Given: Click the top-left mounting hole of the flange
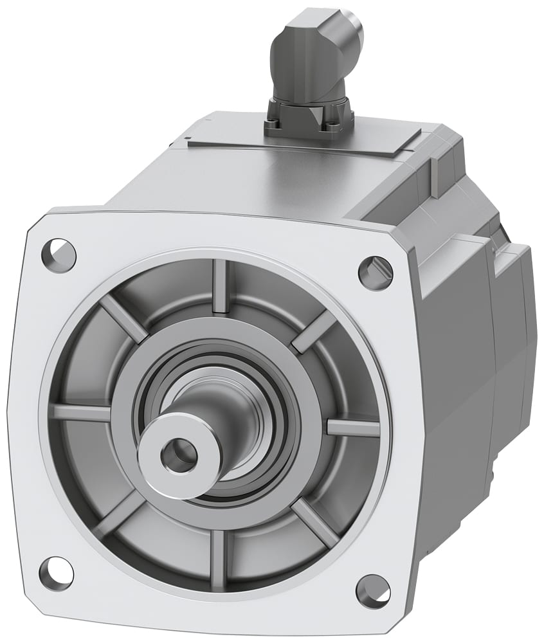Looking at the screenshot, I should [59, 255].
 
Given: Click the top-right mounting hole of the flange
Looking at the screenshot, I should [376, 273].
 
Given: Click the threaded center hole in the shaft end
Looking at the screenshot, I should [179, 455].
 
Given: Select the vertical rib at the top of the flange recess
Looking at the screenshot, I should [221, 286].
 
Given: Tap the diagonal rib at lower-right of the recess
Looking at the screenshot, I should [315, 522].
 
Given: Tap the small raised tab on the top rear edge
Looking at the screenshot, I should [435, 176].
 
